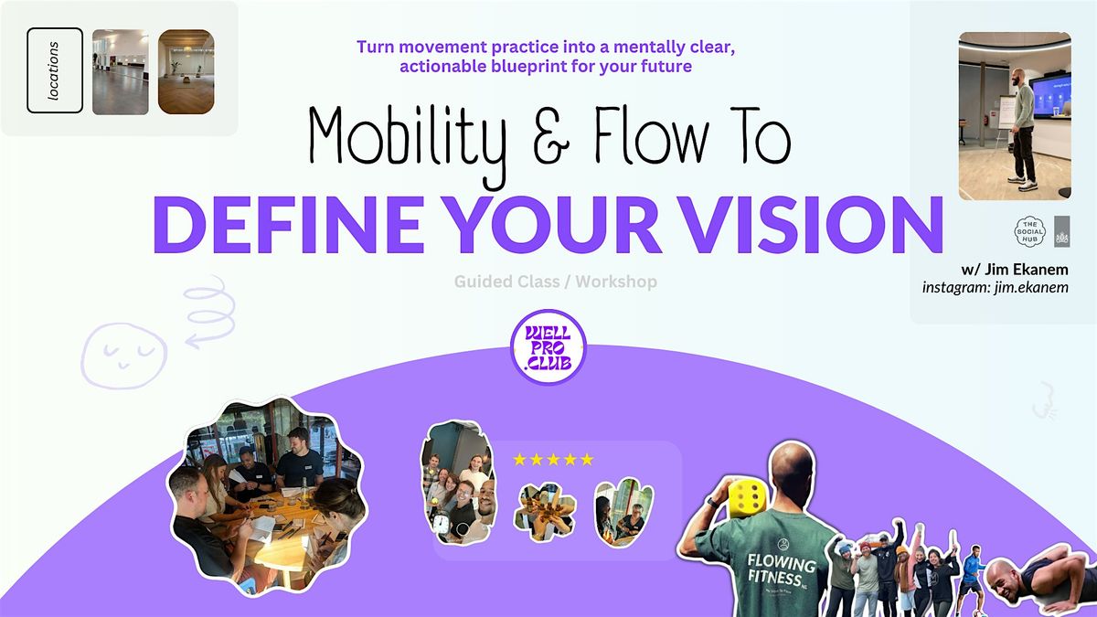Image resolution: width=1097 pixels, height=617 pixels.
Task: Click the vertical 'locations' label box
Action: point(55,70)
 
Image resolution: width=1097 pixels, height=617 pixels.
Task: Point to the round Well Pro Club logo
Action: point(547,347)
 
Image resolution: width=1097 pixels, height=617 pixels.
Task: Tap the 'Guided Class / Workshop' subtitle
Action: point(555,282)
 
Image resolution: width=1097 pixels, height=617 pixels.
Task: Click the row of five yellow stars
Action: point(553,459)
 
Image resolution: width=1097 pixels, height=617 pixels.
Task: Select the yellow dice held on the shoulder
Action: point(748,496)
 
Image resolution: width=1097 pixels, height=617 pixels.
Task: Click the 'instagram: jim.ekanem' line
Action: point(996,288)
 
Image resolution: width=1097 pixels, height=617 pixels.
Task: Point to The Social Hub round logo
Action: point(1031,230)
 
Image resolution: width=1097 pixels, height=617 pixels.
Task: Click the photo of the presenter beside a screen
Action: point(1015,115)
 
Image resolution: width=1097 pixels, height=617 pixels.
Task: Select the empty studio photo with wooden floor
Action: point(121,72)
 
